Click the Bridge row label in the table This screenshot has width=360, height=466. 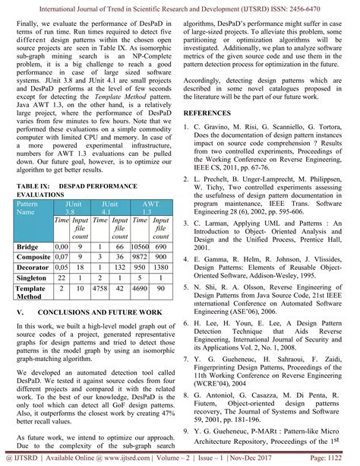pyautogui.click(x=28, y=247)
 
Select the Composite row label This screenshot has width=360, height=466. pyautogui.click(x=33, y=259)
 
